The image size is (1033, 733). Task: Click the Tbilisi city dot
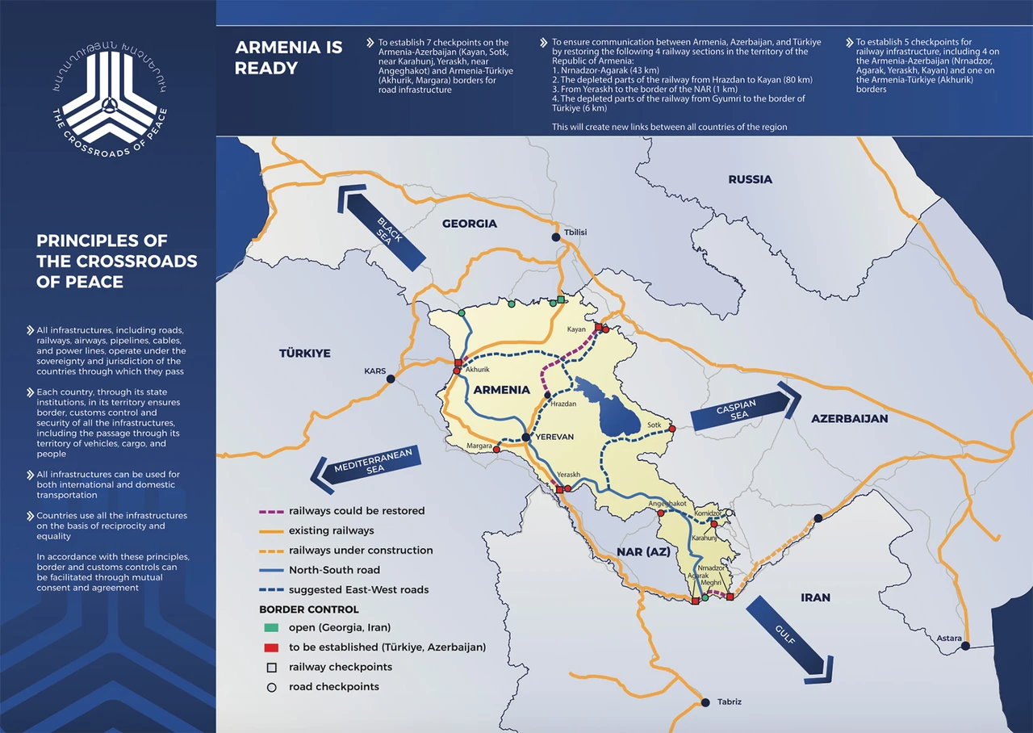point(555,237)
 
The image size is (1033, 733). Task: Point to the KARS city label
point(375,372)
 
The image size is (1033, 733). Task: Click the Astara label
point(949,639)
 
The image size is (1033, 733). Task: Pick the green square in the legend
point(272,628)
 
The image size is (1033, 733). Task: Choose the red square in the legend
point(272,647)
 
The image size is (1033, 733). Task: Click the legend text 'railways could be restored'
point(356,511)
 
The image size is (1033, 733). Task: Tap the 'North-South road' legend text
point(334,570)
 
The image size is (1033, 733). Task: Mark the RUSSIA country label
point(750,179)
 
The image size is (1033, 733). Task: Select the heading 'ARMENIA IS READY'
point(289,57)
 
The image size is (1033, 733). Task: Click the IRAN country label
point(815,597)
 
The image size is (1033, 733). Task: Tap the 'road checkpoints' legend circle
point(272,687)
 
